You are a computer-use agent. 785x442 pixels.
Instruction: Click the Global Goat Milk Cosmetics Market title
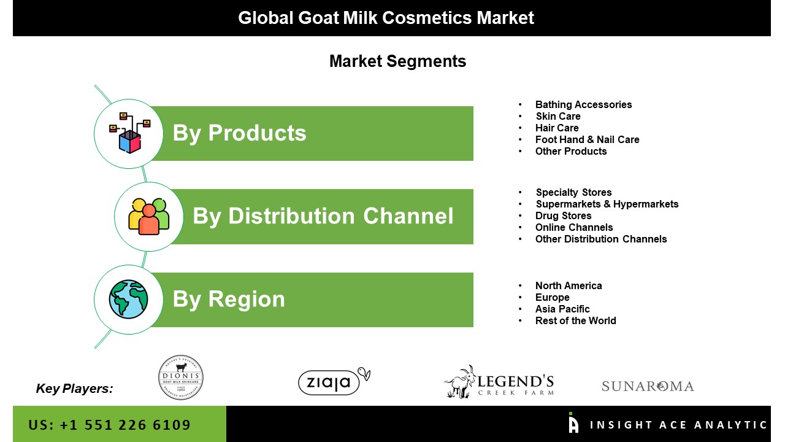tap(386, 18)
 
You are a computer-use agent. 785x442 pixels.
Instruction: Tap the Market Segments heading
tap(398, 61)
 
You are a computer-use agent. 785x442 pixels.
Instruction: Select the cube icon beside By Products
tap(129, 133)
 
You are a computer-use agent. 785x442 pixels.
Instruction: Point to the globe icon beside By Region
tap(128, 299)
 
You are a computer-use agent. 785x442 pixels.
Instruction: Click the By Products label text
tap(239, 133)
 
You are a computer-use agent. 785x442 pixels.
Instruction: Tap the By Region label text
tap(229, 300)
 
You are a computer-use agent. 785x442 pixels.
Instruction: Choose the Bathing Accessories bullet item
tap(583, 104)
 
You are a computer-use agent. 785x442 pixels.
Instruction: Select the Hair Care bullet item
tap(557, 128)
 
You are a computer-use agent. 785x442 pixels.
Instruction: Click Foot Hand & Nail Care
tap(588, 139)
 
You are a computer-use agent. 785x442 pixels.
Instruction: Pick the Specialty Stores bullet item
tap(573, 192)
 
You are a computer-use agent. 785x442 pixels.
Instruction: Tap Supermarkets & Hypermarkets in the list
tap(607, 204)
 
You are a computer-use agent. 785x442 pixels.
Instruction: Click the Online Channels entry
tap(574, 227)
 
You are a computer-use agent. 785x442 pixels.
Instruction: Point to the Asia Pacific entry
tap(562, 309)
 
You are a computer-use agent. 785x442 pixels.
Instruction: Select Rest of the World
tap(575, 320)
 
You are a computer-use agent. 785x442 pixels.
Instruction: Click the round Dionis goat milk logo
tap(180, 378)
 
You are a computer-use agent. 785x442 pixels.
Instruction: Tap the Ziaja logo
tap(334, 381)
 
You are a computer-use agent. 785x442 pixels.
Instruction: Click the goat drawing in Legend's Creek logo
tap(460, 382)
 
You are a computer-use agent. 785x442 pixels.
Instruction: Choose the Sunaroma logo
tap(648, 386)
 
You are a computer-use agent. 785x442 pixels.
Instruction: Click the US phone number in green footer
tap(109, 425)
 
